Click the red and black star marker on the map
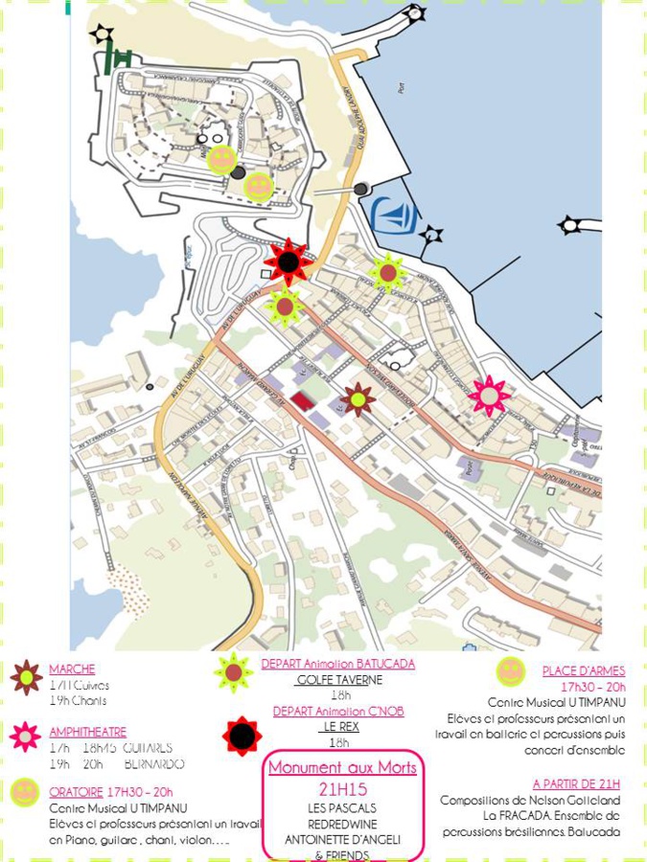[289, 261]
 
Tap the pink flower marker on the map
[490, 395]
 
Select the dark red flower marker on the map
[358, 398]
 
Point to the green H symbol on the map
[120, 58]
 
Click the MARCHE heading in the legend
[72, 669]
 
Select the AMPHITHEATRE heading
[87, 733]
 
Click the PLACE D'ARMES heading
[583, 671]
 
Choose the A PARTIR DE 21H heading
[576, 783]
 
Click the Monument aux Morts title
[342, 768]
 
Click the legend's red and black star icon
[242, 736]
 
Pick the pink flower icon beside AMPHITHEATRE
[26, 737]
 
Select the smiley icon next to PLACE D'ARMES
[510, 671]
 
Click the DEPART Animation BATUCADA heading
[338, 664]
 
